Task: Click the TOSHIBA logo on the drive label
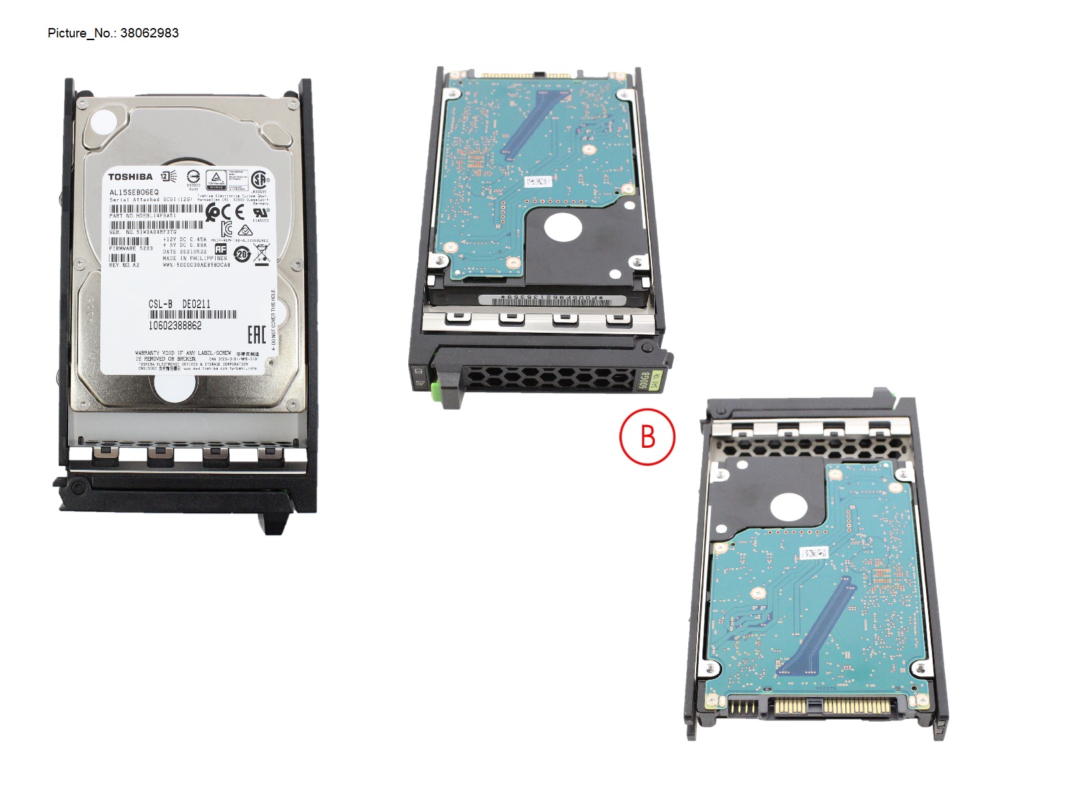[130, 177]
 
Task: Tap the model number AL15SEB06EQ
[134, 192]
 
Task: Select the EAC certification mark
[257, 335]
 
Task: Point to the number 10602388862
[175, 325]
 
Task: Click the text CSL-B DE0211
[179, 304]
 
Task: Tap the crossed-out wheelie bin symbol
[262, 253]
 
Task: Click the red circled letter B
[647, 437]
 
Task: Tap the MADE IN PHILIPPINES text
[194, 258]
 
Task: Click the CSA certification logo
[259, 179]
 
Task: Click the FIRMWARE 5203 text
[131, 249]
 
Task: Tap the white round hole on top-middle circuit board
[563, 227]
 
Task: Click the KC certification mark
[227, 229]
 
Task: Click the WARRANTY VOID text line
[183, 353]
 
